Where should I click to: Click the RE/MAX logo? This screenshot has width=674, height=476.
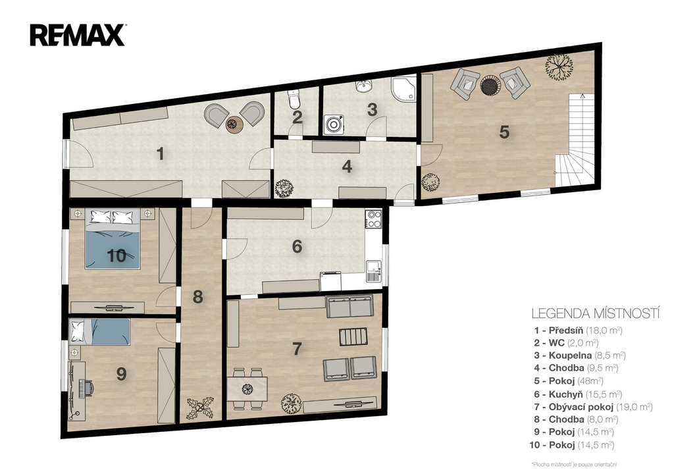click(78, 36)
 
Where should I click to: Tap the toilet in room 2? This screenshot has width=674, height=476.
click(294, 99)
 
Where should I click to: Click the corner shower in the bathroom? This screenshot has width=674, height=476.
click(404, 89)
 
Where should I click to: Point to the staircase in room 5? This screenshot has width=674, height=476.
click(575, 140)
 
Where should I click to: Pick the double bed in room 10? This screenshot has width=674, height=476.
click(113, 238)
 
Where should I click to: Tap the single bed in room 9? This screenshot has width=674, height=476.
click(100, 332)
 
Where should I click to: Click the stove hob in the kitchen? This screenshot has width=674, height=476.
click(373, 219)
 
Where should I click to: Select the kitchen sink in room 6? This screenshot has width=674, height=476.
click(375, 271)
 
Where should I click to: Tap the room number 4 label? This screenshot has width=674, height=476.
click(348, 167)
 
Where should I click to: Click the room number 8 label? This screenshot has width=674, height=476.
click(197, 297)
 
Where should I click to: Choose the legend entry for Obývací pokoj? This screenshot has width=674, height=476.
click(594, 407)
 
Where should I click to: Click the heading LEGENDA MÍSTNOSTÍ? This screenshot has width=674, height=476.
click(595, 313)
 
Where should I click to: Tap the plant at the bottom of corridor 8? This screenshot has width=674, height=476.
click(200, 408)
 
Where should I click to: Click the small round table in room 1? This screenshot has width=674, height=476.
click(235, 124)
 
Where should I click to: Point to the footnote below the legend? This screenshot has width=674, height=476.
click(575, 464)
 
